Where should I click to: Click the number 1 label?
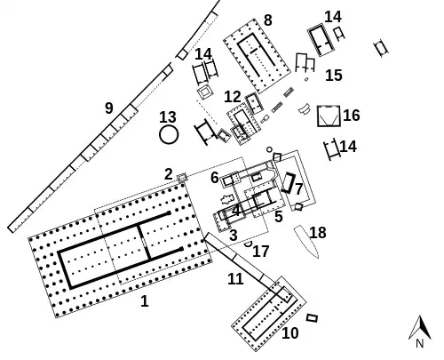point(145,301)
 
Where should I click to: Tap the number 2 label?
point(169,174)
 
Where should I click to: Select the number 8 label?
point(267,20)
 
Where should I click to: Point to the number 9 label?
point(109,108)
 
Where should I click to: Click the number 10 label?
point(290,333)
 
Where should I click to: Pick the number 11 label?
point(235,279)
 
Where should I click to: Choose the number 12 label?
point(233,97)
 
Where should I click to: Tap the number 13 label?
point(168,117)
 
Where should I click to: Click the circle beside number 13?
point(169,135)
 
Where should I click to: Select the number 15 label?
point(334,76)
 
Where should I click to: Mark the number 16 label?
point(352,116)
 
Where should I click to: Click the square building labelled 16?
point(329,116)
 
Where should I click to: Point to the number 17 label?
point(261,252)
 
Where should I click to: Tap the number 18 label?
point(318,233)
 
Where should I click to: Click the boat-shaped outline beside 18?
point(306,241)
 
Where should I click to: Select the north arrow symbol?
point(422,327)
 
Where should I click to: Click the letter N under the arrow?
point(420,344)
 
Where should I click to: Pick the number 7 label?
point(298,189)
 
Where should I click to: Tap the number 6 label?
point(215,178)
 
